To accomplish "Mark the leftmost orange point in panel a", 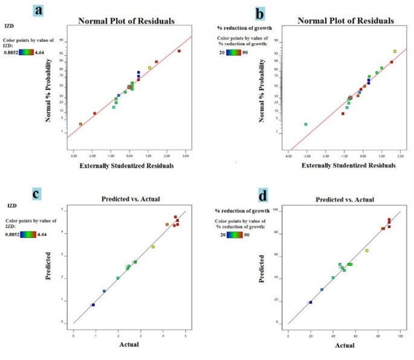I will [x=80, y=124].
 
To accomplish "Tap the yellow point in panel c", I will [x=153, y=247].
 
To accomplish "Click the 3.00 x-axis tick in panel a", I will [x=186, y=155].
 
